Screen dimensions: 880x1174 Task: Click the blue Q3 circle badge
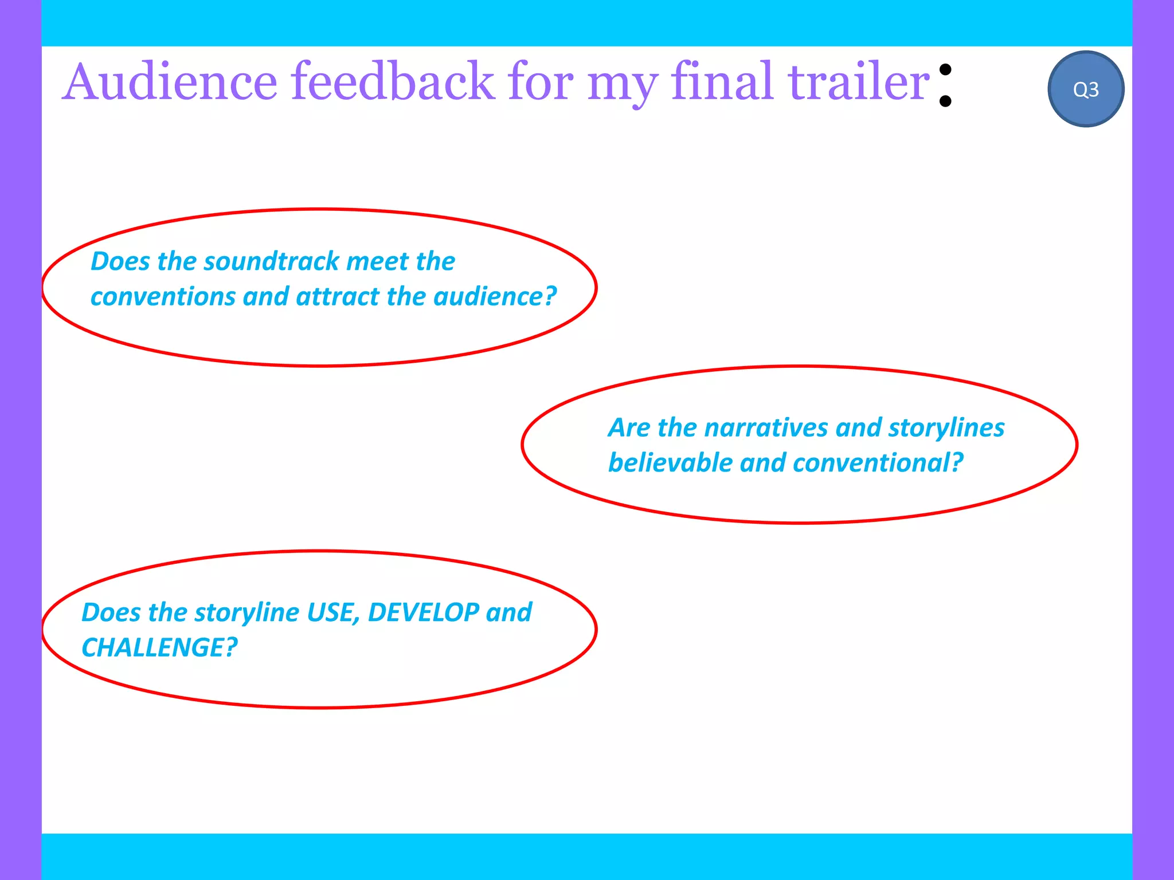coord(1085,89)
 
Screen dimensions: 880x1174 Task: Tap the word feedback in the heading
coord(393,82)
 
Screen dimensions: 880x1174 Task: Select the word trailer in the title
coord(858,82)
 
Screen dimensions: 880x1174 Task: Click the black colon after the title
coord(945,86)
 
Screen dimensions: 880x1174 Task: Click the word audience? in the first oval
coord(495,297)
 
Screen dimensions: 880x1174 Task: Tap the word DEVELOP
coord(423,612)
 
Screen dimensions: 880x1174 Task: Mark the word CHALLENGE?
coord(159,648)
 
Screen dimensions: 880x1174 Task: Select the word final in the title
coord(722,82)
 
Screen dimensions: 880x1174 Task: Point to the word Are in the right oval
coord(629,428)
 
